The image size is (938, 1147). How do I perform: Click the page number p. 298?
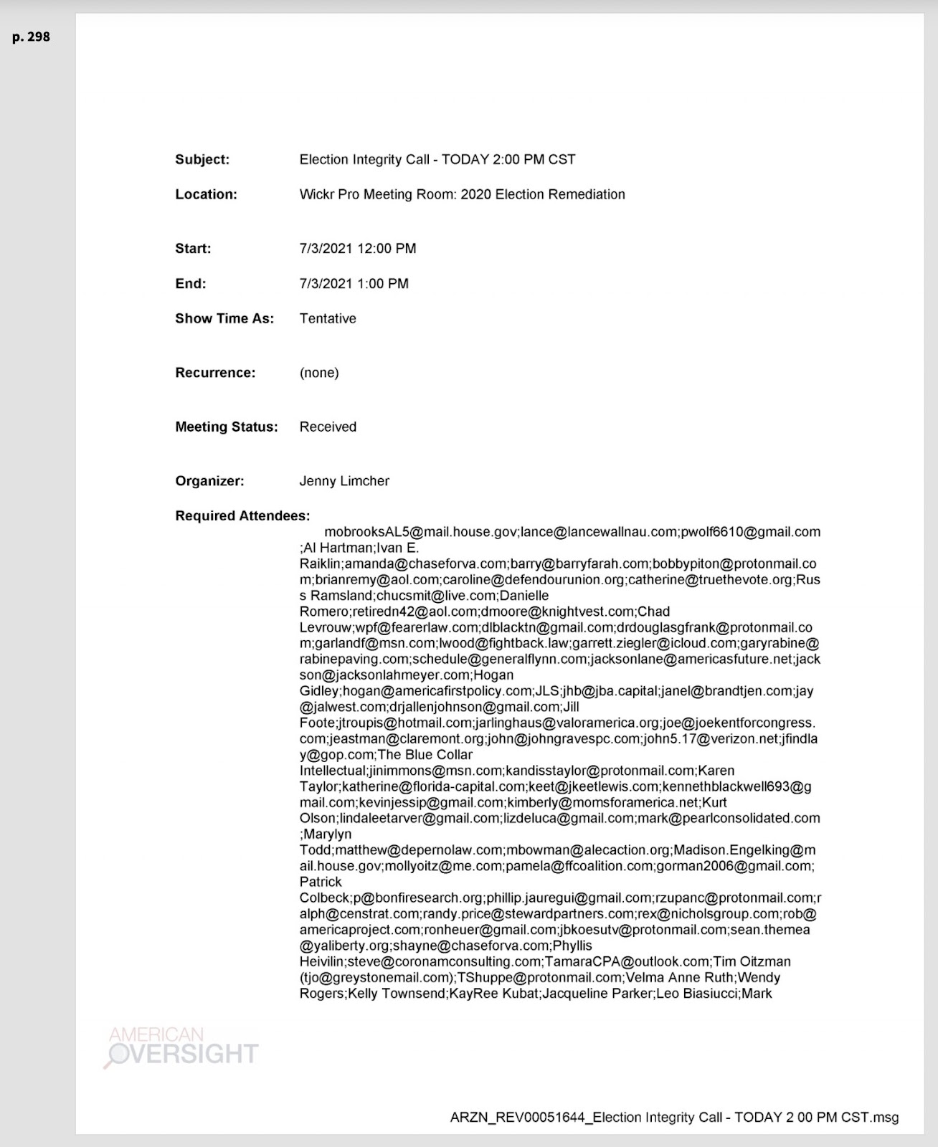pyautogui.click(x=31, y=37)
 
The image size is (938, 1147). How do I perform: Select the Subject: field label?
pyautogui.click(x=202, y=160)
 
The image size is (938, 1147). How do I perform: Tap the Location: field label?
pyautogui.click(x=206, y=194)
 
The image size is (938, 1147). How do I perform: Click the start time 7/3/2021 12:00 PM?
pyautogui.click(x=357, y=249)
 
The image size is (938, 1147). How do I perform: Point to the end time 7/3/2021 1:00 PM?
pyautogui.click(x=354, y=284)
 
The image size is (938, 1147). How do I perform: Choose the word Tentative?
pyautogui.click(x=328, y=318)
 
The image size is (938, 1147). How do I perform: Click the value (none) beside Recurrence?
pyautogui.click(x=319, y=373)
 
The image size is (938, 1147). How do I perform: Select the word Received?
pyautogui.click(x=328, y=427)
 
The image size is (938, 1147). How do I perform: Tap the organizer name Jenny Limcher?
pyautogui.click(x=344, y=481)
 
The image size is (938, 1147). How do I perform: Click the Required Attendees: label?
pyautogui.click(x=242, y=516)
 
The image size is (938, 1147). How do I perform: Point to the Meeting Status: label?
pyautogui.click(x=226, y=427)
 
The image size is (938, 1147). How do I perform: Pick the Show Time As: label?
pyautogui.click(x=224, y=318)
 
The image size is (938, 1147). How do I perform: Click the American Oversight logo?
pyautogui.click(x=182, y=1047)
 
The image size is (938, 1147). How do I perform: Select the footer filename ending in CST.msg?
pyautogui.click(x=674, y=1117)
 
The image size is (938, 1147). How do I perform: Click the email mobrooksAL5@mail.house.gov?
pyautogui.click(x=421, y=532)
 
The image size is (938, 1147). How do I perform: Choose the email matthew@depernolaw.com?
pyautogui.click(x=419, y=850)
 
